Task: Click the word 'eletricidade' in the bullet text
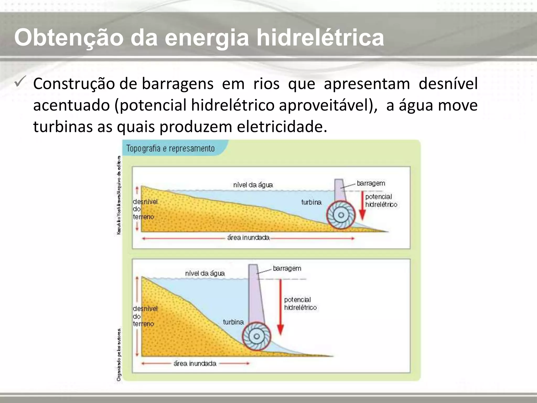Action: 282,127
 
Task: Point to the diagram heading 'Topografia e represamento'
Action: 170,149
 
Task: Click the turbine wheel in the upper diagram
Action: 341,215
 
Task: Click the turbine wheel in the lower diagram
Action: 256,336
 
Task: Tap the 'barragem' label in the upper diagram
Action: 371,183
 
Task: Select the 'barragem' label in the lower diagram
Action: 287,268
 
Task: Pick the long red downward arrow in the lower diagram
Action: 281,307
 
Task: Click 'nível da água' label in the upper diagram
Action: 253,185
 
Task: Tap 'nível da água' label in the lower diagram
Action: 205,273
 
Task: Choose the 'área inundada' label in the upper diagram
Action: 248,238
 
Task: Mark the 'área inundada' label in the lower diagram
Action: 195,363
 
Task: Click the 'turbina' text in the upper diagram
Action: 311,202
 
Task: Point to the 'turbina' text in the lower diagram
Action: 233,322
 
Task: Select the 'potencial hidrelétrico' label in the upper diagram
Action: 381,200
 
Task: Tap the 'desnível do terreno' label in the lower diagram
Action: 145,316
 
